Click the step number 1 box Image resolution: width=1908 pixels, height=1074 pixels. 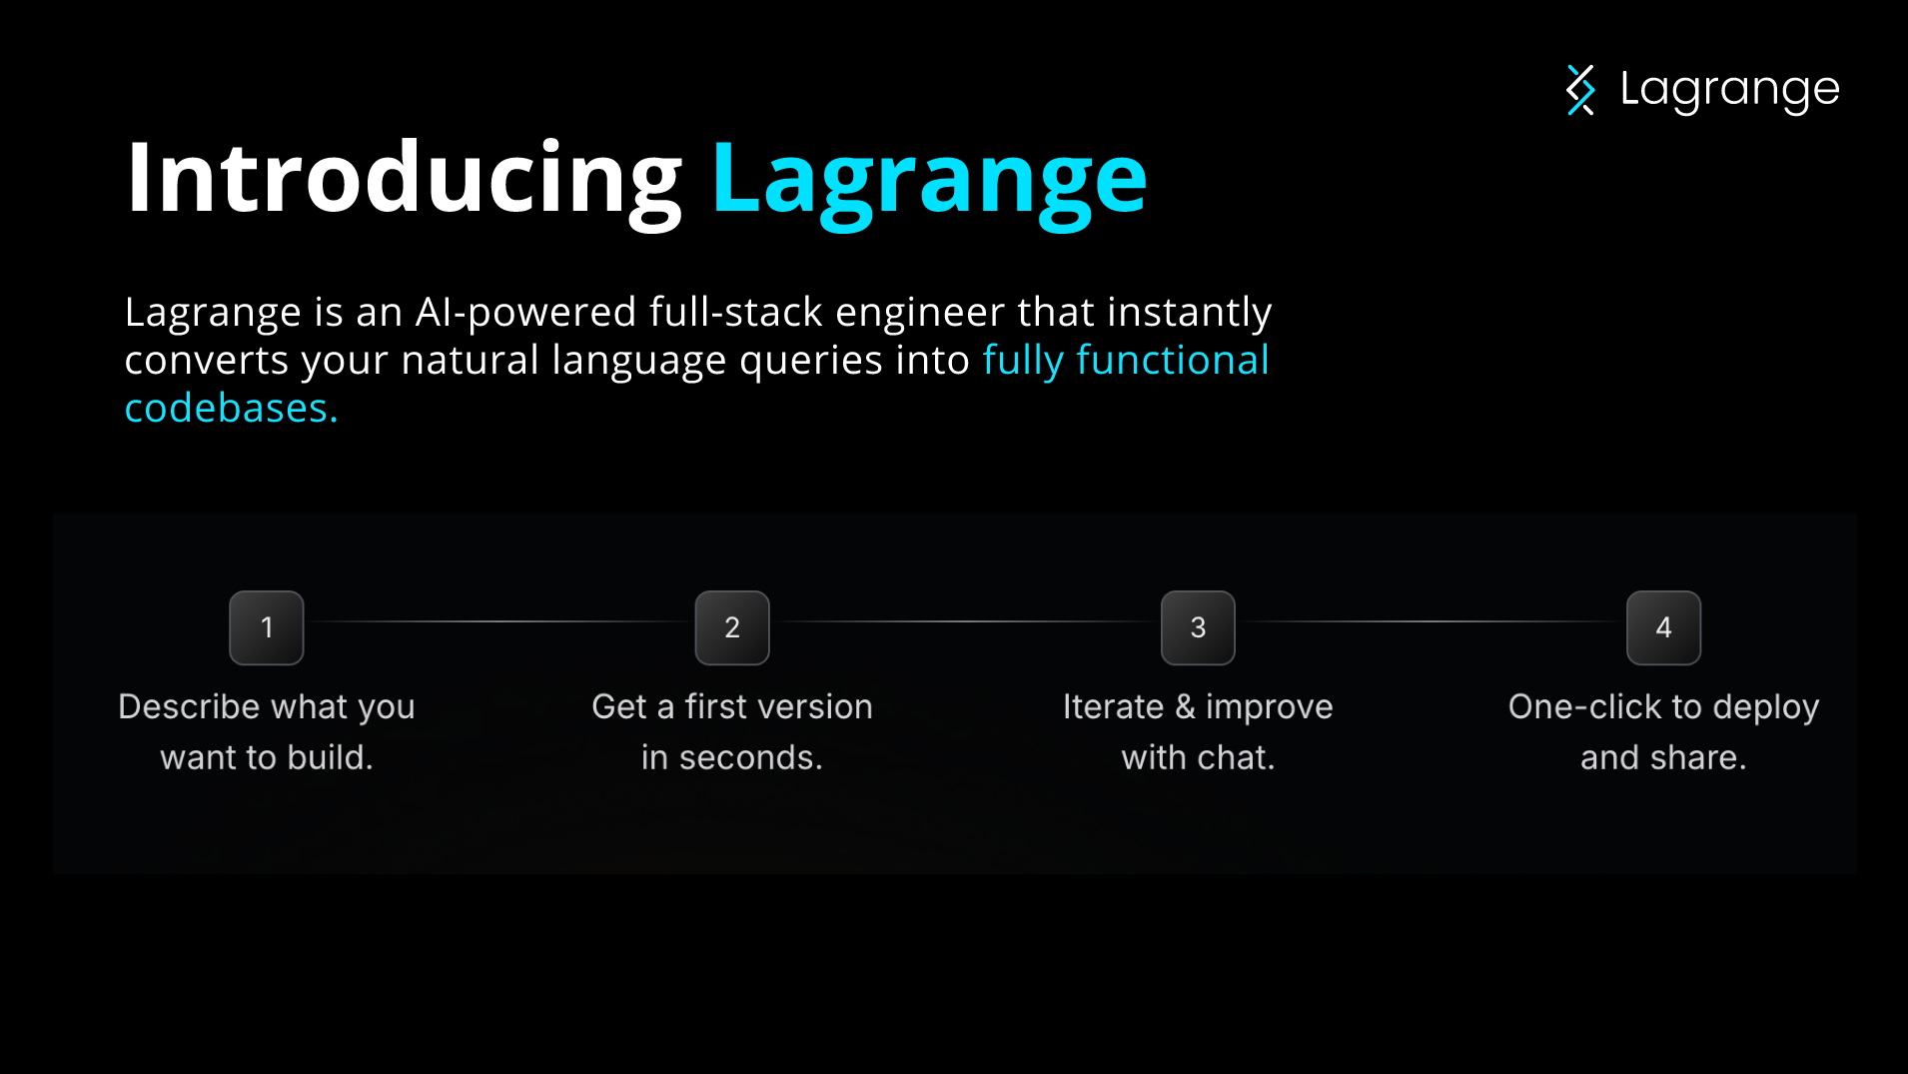coord(267,627)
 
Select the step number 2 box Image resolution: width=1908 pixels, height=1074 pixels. coord(732,627)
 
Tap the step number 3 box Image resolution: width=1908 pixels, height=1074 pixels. coord(1198,627)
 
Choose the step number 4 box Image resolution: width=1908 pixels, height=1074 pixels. coord(1663,627)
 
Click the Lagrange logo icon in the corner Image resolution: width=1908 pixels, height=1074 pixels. coord(1580,90)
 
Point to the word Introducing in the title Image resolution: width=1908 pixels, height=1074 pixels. coord(405,180)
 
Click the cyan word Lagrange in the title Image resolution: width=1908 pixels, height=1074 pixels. coord(929,183)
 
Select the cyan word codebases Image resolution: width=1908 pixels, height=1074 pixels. coord(231,408)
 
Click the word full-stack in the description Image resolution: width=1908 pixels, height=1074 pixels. coord(736,312)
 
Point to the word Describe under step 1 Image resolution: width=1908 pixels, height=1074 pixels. coord(189,706)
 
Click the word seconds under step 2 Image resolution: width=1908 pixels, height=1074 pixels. coord(750,758)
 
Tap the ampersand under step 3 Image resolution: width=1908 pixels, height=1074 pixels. coord(1185,706)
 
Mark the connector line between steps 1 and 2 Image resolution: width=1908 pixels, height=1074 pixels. coord(499,621)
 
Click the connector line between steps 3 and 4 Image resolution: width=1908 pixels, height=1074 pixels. coord(1431,621)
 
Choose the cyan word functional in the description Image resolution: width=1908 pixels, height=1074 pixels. coord(1173,360)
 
